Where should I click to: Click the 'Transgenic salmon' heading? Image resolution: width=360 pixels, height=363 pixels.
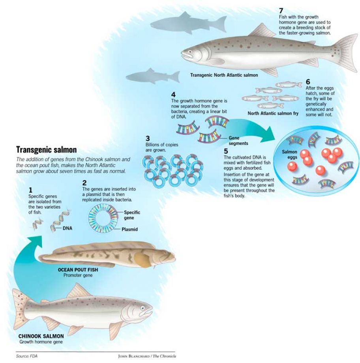click(46, 150)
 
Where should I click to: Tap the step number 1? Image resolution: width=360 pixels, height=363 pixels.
click(30, 190)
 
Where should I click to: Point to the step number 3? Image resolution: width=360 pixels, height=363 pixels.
click(148, 138)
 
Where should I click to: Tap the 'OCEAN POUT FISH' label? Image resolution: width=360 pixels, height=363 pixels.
click(77, 270)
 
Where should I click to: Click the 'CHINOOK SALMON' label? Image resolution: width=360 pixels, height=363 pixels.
click(41, 336)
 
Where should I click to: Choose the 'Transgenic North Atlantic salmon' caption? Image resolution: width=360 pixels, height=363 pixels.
click(223, 75)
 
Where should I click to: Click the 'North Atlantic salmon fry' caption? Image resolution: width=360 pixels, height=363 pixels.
click(273, 113)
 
